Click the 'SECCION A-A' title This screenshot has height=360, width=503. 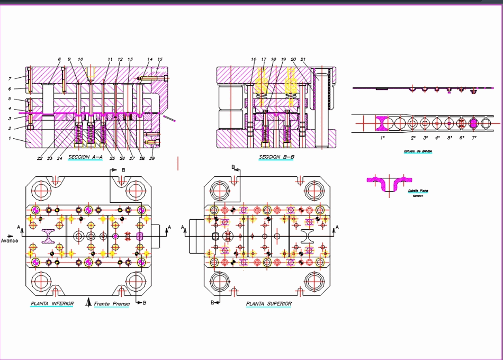(85, 158)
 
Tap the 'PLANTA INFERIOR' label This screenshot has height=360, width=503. (52, 304)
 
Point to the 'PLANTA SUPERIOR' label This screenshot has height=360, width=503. (268, 304)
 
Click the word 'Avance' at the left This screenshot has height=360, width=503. (10, 241)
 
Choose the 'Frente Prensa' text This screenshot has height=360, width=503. (111, 304)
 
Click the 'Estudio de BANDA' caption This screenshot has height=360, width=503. (418, 151)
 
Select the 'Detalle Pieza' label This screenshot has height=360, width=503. (418, 191)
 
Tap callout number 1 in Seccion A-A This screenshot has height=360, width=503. (9, 139)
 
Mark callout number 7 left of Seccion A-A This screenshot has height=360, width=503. (9, 78)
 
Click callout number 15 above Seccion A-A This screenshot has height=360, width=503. (160, 59)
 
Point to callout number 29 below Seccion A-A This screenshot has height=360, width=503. (152, 158)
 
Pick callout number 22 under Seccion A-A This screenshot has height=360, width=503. (40, 158)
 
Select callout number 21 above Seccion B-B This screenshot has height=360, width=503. (303, 59)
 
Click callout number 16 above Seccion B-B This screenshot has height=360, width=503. (254, 59)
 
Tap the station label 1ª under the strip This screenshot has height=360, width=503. (382, 138)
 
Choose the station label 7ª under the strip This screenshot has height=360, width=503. (474, 138)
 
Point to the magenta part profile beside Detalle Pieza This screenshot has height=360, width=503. (385, 183)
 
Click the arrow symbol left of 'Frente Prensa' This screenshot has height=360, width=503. (89, 303)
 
